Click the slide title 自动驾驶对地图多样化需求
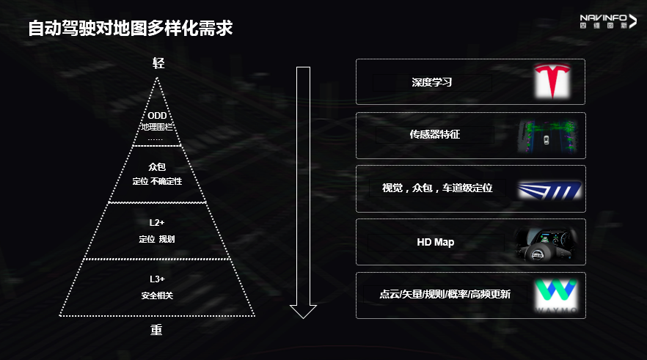130,29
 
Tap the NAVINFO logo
608,21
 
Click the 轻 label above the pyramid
158,63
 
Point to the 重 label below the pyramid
156,330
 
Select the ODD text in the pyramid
157,116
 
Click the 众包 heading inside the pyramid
157,167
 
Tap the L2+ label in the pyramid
157,222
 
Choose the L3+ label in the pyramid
157,279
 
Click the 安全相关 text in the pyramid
157,296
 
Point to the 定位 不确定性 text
157,181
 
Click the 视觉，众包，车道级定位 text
437,188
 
